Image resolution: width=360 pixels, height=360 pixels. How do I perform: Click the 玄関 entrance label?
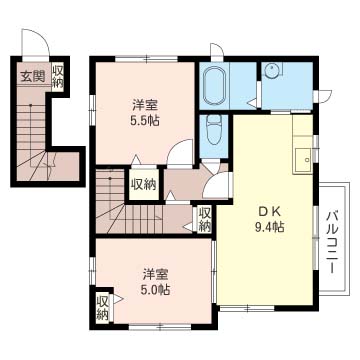(33, 77)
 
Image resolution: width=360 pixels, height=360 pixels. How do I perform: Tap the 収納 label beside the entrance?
(58, 77)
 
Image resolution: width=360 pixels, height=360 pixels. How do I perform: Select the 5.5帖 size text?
(144, 120)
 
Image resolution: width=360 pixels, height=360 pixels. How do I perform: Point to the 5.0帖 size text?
(156, 290)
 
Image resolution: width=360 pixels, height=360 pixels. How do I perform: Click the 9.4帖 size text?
(269, 228)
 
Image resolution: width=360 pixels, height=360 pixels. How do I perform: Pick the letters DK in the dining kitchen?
(269, 212)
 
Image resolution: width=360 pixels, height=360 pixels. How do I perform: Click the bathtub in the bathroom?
(215, 86)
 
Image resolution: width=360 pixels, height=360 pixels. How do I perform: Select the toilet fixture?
(214, 130)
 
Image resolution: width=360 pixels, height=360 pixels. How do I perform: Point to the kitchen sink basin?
(303, 161)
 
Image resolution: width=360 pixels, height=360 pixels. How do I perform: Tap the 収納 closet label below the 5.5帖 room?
(144, 184)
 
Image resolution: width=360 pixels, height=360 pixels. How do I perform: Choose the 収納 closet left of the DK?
(204, 219)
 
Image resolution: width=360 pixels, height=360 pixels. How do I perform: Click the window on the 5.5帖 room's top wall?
(146, 59)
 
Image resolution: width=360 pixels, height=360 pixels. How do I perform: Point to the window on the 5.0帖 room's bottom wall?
(160, 327)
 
